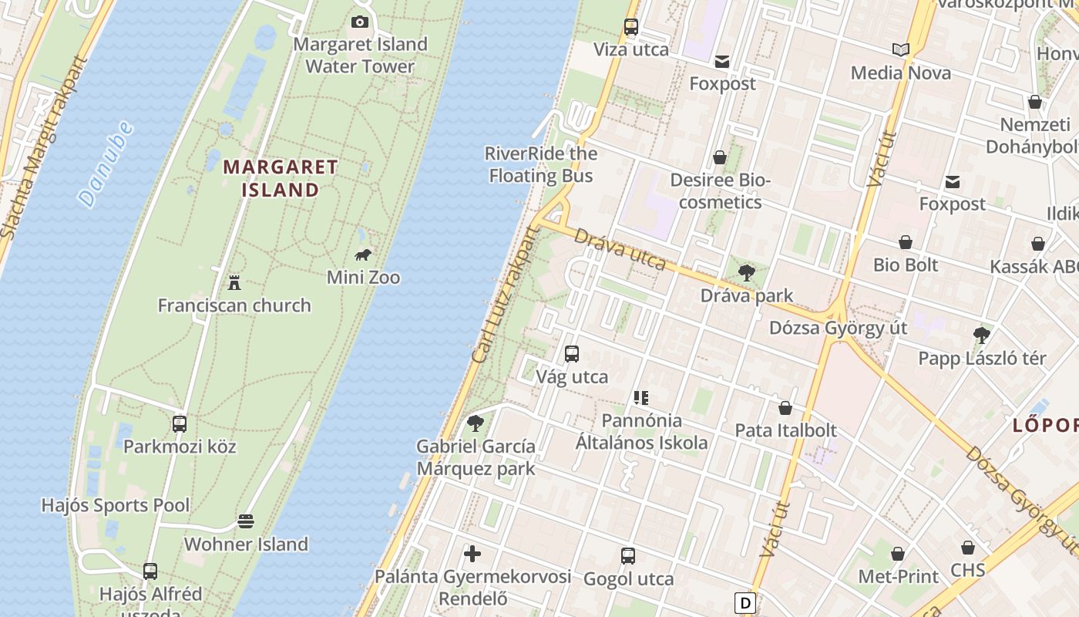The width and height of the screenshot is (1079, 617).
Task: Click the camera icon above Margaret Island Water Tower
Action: pos(359,22)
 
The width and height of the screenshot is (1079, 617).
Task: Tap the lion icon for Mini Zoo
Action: pos(363,255)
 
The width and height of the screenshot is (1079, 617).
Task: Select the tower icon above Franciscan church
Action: pos(234,283)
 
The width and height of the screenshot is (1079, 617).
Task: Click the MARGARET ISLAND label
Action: pos(281,178)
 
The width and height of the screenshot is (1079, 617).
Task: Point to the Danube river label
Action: pos(106,164)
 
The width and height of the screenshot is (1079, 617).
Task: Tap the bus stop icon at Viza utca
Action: pos(631,27)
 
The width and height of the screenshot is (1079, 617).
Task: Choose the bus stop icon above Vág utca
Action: pos(572,354)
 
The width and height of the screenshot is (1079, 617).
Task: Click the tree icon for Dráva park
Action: pos(746,272)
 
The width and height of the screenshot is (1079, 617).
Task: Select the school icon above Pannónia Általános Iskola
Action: pos(640,398)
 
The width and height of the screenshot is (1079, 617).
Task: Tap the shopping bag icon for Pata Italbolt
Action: pos(785,408)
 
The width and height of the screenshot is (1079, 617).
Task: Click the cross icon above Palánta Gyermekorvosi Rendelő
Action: pos(472,554)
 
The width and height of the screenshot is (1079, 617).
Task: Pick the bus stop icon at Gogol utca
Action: pos(628,556)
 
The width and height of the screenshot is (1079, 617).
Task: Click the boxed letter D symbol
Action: pos(745,602)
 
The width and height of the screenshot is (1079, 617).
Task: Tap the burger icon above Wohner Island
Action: pos(246,521)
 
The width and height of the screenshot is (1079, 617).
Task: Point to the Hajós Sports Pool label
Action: pos(115,506)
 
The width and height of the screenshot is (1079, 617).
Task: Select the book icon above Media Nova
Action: pos(900,50)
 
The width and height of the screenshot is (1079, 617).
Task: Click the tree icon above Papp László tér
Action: pos(981,335)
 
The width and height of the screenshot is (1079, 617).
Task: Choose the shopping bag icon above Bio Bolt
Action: pos(906,242)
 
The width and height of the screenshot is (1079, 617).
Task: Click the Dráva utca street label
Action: pos(620,249)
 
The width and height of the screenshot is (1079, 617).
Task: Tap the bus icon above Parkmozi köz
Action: pos(180,423)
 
